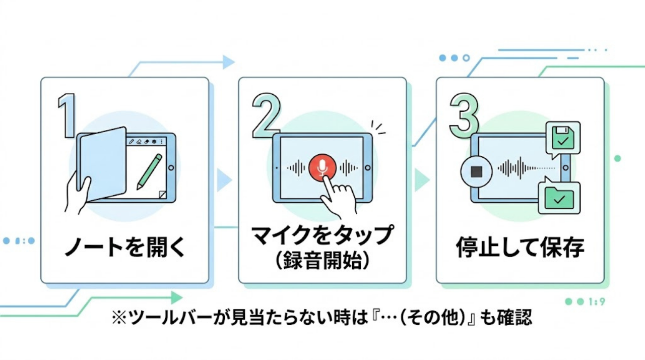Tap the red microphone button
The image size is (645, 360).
322,167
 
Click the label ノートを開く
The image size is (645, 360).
125,248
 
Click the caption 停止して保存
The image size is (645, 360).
520,248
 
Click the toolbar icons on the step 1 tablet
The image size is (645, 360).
147,142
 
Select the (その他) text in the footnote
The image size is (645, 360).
443,318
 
